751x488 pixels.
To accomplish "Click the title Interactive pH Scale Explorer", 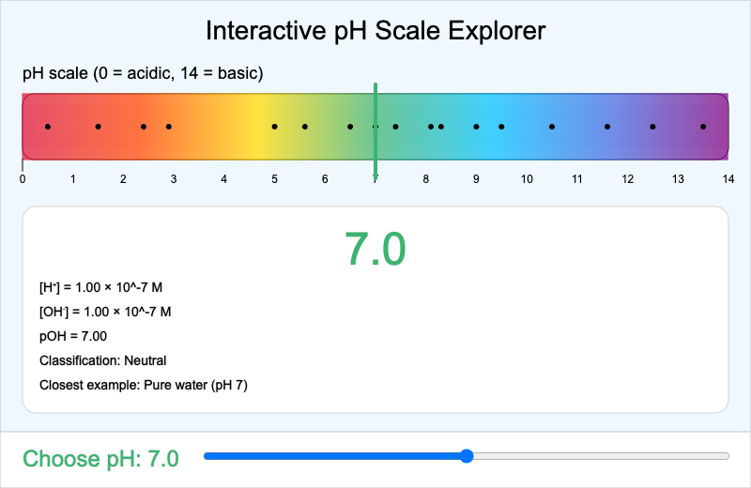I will click(375, 31).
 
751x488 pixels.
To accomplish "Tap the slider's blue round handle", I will click(467, 456).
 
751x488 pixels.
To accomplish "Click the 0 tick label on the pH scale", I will click(23, 178).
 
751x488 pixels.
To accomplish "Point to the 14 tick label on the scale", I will click(727, 178).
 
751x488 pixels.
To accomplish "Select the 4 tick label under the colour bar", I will click(223, 178).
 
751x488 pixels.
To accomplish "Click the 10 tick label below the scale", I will click(527, 178).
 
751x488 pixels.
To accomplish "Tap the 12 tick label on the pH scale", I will click(627, 178).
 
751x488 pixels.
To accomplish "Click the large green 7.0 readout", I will click(375, 249).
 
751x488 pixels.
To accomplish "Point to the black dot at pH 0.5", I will click(48, 126).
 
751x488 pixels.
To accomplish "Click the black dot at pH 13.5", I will click(702, 126).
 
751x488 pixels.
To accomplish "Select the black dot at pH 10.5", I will click(551, 126).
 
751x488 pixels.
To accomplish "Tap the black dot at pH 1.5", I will click(98, 126).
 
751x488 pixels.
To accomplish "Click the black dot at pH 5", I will click(274, 126).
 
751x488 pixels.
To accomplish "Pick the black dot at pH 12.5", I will click(652, 126).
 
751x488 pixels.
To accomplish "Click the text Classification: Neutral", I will click(103, 360).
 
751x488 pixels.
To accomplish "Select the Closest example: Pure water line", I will click(144, 385).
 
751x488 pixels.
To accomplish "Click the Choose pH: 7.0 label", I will click(100, 458).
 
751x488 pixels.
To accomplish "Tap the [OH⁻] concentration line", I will click(105, 312).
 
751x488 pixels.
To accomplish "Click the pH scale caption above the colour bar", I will click(143, 73).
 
